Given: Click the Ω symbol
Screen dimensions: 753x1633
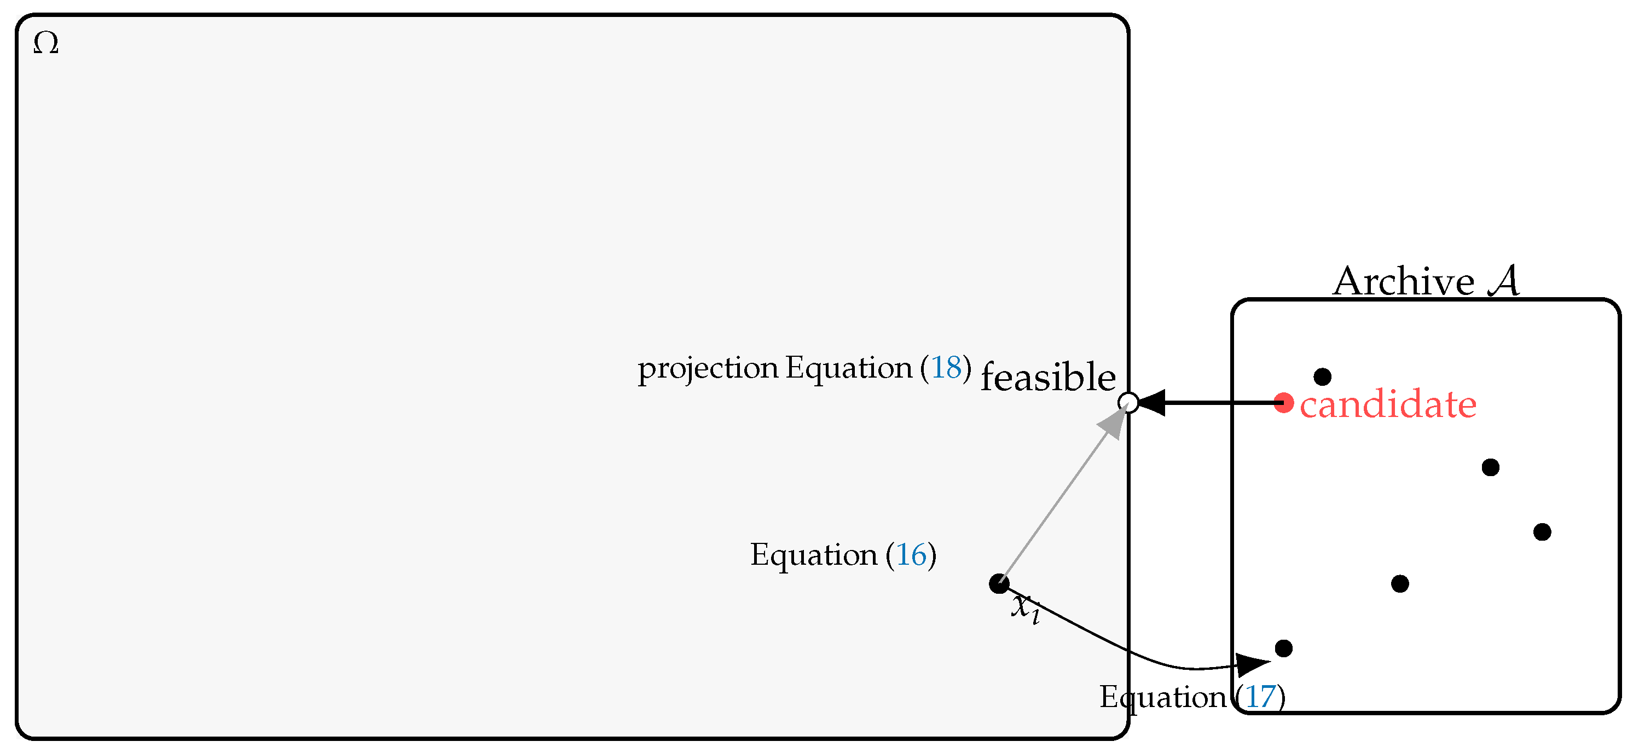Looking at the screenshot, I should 45,44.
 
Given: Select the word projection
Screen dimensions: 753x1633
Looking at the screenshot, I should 708,369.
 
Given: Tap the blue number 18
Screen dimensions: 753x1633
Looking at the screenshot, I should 946,368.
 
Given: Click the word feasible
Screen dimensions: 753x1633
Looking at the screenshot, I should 1048,377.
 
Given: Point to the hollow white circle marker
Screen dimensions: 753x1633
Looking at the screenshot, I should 1128,402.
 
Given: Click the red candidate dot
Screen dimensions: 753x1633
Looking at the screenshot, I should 1284,402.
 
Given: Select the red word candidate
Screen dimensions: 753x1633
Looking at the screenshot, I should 1388,404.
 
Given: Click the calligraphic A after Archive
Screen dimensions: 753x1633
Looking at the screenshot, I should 1504,280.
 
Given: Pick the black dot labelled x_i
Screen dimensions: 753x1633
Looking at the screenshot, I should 999,583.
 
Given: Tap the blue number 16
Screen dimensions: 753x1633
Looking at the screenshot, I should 911,555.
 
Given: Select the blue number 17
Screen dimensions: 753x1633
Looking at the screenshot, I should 1260,697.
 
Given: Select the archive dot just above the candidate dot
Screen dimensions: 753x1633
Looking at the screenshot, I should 1322,377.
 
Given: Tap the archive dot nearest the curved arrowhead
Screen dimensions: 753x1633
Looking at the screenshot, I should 1284,648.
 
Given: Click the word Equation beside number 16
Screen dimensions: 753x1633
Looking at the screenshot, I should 813,555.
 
